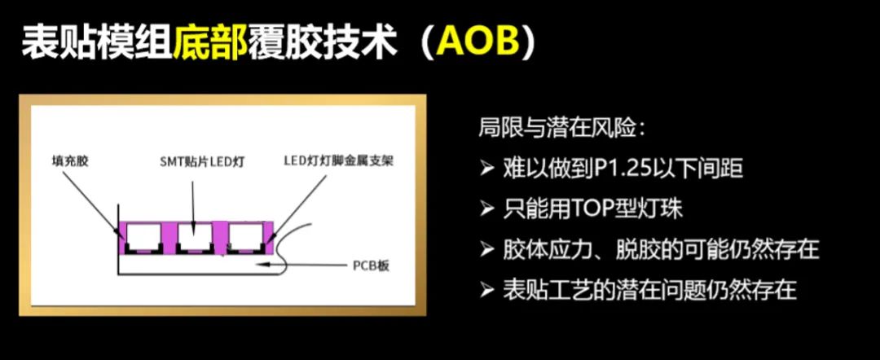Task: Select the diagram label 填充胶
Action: coord(68,162)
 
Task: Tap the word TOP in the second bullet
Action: coord(593,209)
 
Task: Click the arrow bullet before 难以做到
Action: coord(486,169)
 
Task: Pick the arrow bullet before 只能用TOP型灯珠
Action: coord(486,209)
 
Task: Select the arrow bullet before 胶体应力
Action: coord(486,250)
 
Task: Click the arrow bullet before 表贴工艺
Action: coord(486,291)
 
